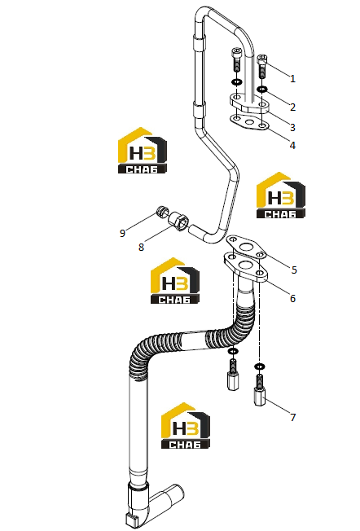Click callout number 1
(293, 78)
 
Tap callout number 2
(293, 107)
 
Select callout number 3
(293, 127)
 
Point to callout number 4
(293, 145)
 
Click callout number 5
(294, 270)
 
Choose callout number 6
(293, 298)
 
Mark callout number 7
(293, 417)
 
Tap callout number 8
(141, 248)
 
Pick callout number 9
(123, 233)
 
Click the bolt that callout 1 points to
(262, 66)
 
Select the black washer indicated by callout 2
(262, 89)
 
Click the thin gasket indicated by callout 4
(249, 123)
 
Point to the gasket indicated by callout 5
(246, 247)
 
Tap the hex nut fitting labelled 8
(178, 222)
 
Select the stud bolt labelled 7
(260, 389)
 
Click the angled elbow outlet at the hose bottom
(167, 498)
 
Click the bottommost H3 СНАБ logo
(185, 426)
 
